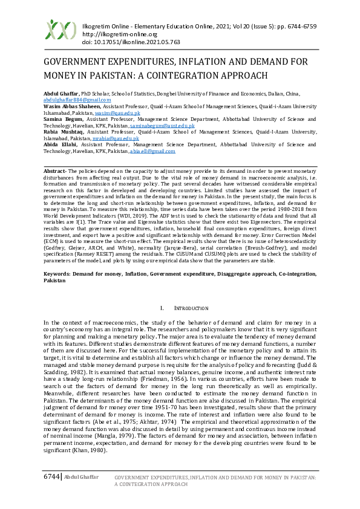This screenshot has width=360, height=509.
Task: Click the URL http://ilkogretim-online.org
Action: coord(113,35)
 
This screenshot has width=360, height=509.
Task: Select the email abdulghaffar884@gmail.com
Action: coord(77,100)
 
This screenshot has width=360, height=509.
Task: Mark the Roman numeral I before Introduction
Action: coord(162,309)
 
